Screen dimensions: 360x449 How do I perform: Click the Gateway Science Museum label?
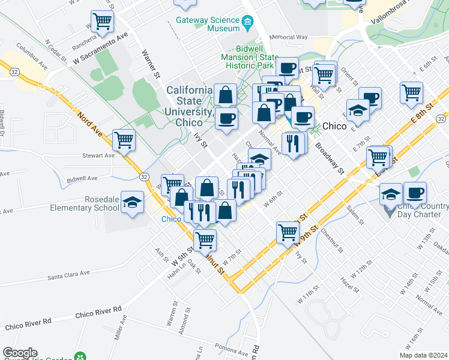coord(207,23)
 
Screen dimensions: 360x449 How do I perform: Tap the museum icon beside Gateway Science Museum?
coord(247,23)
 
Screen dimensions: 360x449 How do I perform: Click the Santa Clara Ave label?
coord(68,275)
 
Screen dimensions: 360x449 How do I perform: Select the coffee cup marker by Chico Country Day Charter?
coord(415,193)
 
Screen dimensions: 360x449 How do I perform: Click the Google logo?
coord(20,353)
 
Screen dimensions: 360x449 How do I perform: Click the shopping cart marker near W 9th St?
coord(288,232)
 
